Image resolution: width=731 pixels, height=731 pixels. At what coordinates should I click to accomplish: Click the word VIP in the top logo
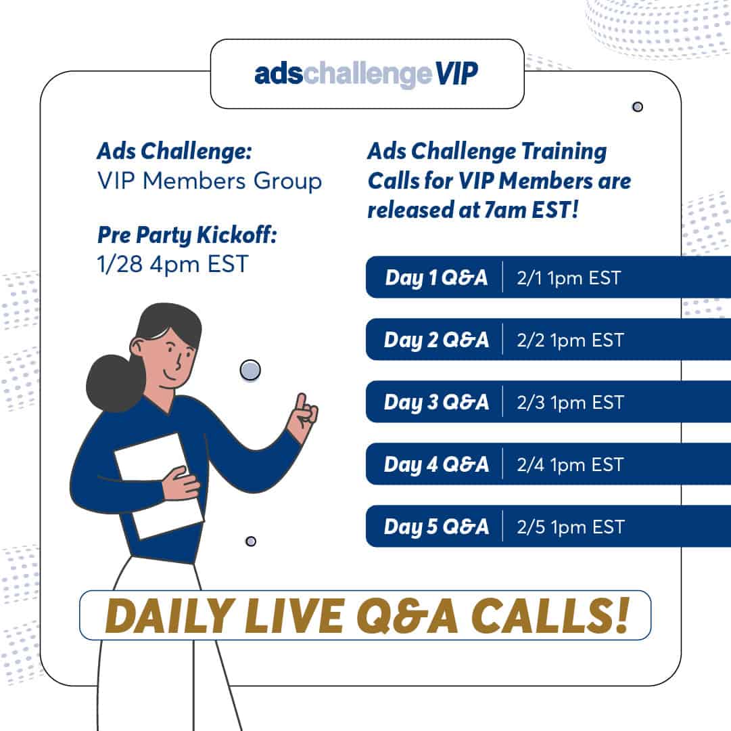coord(457,73)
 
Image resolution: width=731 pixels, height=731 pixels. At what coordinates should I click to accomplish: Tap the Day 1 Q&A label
coord(436,278)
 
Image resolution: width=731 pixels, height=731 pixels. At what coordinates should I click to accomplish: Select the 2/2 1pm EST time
coord(570,340)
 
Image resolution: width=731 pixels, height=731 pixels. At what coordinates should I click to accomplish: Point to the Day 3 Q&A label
coord(436,402)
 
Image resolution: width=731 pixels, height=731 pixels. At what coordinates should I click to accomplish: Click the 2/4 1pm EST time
coord(570,464)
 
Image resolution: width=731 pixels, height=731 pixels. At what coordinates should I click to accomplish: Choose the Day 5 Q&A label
coord(436,527)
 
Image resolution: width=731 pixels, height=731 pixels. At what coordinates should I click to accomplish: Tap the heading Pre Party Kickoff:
coord(187,235)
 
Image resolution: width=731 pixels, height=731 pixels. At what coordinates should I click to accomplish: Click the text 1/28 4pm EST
coord(172,264)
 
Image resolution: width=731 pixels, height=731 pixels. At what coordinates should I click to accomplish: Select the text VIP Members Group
coord(210,181)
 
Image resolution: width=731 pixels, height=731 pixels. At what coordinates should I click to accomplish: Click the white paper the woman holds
coord(159,486)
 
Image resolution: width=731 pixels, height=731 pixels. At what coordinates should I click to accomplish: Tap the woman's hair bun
coord(115,384)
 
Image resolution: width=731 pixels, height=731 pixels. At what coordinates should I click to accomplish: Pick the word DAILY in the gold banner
coord(170,616)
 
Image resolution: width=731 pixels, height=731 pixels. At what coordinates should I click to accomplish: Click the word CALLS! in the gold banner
coord(550,616)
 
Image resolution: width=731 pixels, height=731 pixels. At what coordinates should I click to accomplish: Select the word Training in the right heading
coord(564,152)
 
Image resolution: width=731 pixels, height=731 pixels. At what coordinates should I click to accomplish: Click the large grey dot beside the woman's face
coord(250,370)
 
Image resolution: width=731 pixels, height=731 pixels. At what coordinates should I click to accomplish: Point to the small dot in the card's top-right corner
coord(637,107)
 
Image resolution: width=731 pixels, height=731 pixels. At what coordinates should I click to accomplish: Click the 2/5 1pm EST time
coord(571,527)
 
